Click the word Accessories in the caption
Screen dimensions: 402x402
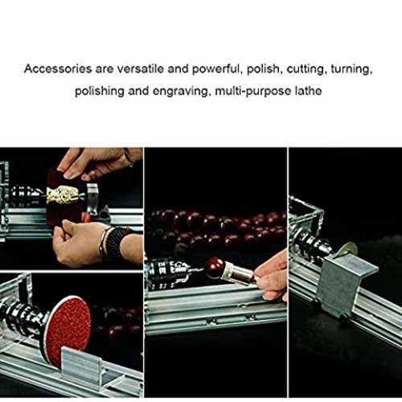coord(58,69)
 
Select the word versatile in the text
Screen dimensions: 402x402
coord(141,69)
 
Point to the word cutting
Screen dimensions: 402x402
coord(306,70)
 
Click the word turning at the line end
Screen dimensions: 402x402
coord(352,70)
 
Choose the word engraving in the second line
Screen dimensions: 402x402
coord(180,92)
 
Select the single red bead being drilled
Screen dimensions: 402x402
coord(215,268)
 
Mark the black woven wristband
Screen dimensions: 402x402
coord(115,243)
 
